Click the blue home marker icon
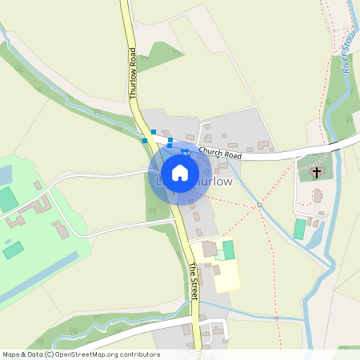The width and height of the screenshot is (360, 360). pyautogui.click(x=180, y=173)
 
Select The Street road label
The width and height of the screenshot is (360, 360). pyautogui.click(x=194, y=282)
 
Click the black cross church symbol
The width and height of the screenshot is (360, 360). pyautogui.click(x=317, y=172)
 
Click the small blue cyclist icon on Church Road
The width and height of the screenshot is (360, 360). pyautogui.click(x=184, y=150)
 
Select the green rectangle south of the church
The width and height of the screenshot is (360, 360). pyautogui.click(x=300, y=229)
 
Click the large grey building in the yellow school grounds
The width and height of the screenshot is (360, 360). pyautogui.click(x=210, y=249)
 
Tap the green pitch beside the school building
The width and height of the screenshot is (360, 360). pyautogui.click(x=229, y=250)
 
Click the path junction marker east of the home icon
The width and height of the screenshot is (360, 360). pyautogui.click(x=259, y=205)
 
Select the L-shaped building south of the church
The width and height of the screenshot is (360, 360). pyautogui.click(x=318, y=196)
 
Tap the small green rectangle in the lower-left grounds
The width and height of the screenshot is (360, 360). pyautogui.click(x=13, y=250)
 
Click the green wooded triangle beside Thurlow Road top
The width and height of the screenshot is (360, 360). pyautogui.click(x=165, y=54)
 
